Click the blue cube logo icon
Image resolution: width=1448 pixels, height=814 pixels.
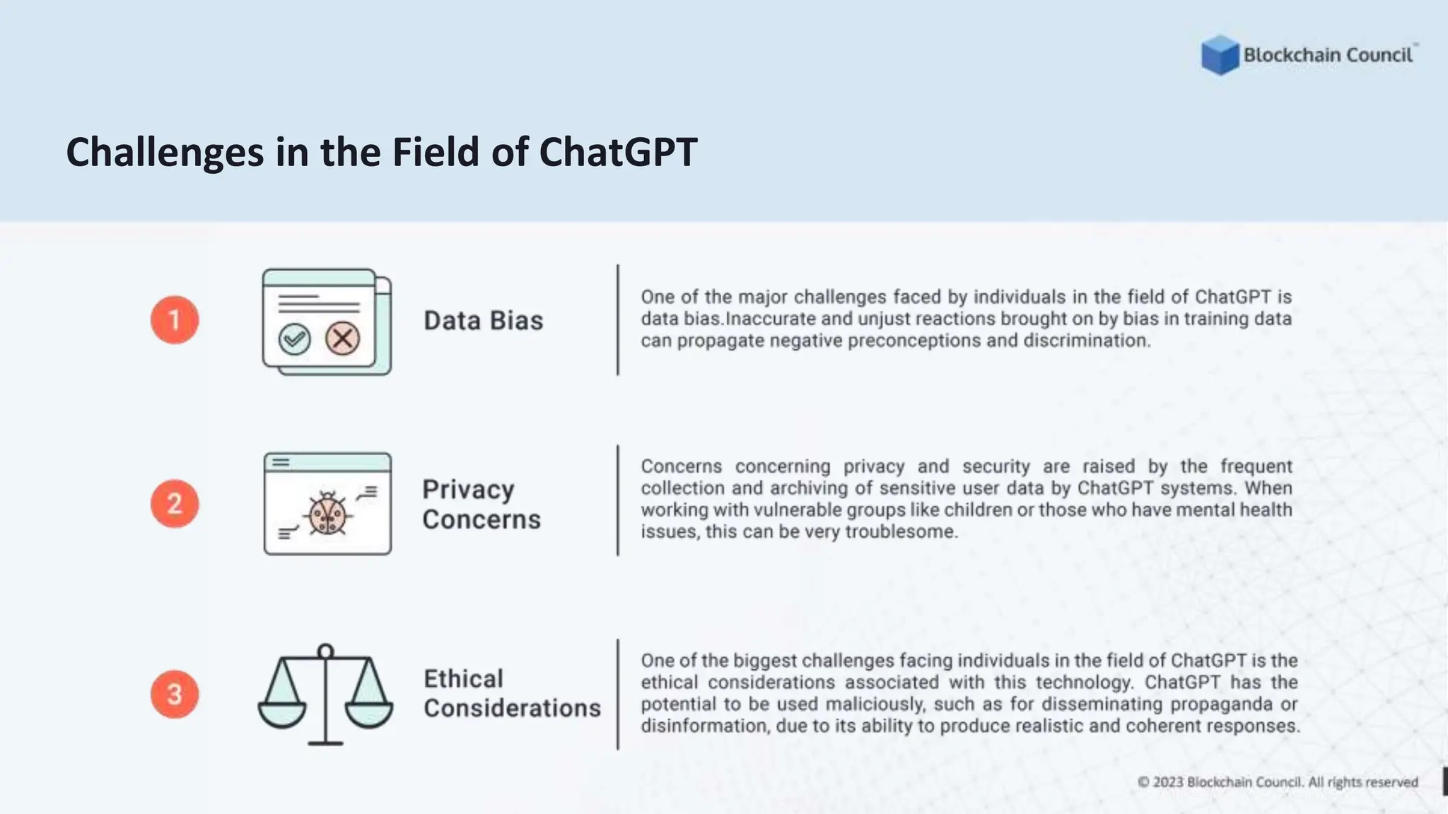coord(1220,54)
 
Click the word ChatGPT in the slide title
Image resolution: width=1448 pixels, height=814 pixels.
coord(618,152)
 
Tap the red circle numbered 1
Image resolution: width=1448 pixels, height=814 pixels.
coord(175,320)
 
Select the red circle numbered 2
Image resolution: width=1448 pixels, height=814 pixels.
coord(175,504)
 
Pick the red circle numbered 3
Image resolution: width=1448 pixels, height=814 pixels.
coord(175,694)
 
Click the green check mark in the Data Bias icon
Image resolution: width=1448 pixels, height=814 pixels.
coord(294,339)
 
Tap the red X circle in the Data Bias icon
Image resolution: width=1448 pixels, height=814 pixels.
coord(343,338)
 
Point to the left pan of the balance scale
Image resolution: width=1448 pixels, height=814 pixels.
coord(282,712)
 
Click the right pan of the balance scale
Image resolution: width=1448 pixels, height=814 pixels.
coord(369,712)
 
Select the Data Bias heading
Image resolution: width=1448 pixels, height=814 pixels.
coord(484,321)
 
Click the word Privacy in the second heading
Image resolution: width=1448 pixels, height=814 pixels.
coord(468,490)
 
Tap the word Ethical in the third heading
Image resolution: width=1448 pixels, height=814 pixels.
coord(463,679)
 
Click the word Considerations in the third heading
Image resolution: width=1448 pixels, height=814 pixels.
coord(512,708)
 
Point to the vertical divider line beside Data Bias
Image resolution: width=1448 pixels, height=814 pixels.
coord(618,320)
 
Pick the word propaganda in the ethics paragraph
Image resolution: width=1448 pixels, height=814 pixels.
coord(1222,704)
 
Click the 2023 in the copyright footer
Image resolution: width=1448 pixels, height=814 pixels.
coord(1167,782)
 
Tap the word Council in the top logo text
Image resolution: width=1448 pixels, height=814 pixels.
coord(1379,55)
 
